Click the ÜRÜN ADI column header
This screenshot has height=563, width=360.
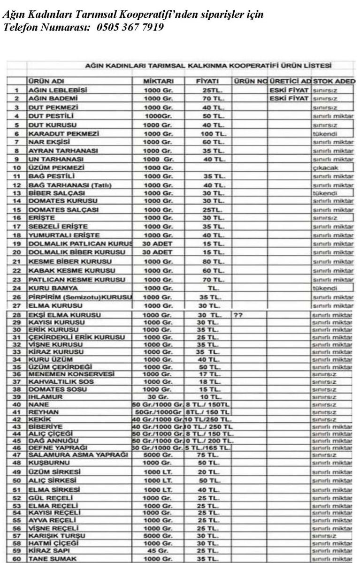46,81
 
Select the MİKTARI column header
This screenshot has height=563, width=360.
158,81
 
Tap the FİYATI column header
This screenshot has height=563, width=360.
205,81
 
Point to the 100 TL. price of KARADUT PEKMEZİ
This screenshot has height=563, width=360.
206,133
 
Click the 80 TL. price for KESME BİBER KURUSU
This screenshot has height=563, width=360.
206,261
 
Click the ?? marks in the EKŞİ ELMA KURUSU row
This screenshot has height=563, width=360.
237,315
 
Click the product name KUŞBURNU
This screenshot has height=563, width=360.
44,463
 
